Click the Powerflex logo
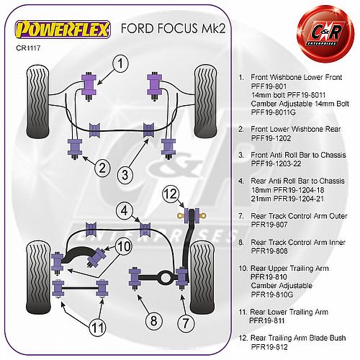point(63,30)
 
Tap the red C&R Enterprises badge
point(325,34)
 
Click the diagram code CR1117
point(28,48)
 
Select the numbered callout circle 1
point(120,63)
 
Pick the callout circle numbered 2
point(102,168)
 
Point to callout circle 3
point(125,174)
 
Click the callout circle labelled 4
point(125,211)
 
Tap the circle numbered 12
point(171,194)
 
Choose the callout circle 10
point(124,246)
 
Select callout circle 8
point(154,320)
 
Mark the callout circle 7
point(186,323)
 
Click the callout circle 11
point(98,328)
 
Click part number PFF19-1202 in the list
point(271,138)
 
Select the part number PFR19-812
point(269,347)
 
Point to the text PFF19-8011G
point(273,112)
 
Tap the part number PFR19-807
point(269,225)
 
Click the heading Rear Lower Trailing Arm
point(289,312)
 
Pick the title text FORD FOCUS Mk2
point(174,28)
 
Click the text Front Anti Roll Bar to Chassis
point(298,155)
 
